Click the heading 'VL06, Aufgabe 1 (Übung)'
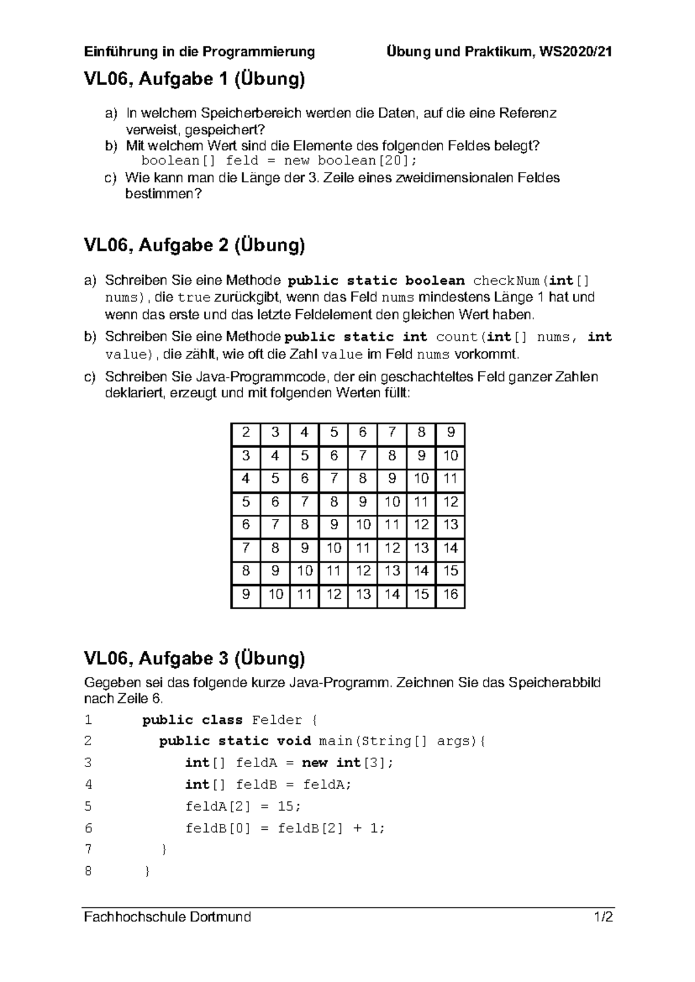click(x=194, y=79)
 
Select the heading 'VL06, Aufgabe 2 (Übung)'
click(x=194, y=245)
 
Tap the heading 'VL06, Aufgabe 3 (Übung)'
click(x=194, y=658)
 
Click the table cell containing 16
click(x=451, y=594)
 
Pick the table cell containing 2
click(x=246, y=433)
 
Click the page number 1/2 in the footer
click(x=603, y=917)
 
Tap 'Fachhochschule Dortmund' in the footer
click(x=168, y=917)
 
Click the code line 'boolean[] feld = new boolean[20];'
click(x=279, y=161)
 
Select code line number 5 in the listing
click(x=88, y=807)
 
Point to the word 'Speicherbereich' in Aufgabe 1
click(x=243, y=113)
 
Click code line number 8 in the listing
click(x=88, y=871)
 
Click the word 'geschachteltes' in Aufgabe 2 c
click(x=428, y=378)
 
